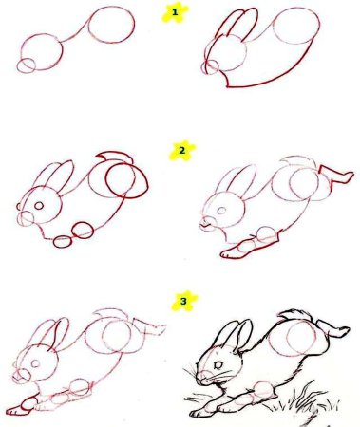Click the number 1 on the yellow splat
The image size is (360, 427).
click(x=175, y=12)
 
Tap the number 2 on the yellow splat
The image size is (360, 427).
click(x=181, y=151)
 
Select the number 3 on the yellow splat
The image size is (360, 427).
click(x=183, y=301)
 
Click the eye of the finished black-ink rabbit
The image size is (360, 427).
click(x=218, y=365)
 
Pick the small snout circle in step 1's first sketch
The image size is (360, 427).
click(x=26, y=65)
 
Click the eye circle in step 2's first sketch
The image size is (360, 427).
click(x=39, y=206)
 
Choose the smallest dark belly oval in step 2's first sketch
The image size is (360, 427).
click(x=63, y=242)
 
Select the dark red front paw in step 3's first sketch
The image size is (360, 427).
click(x=21, y=406)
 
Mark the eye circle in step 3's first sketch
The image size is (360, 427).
click(x=35, y=363)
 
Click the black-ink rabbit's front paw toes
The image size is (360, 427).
click(x=197, y=413)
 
